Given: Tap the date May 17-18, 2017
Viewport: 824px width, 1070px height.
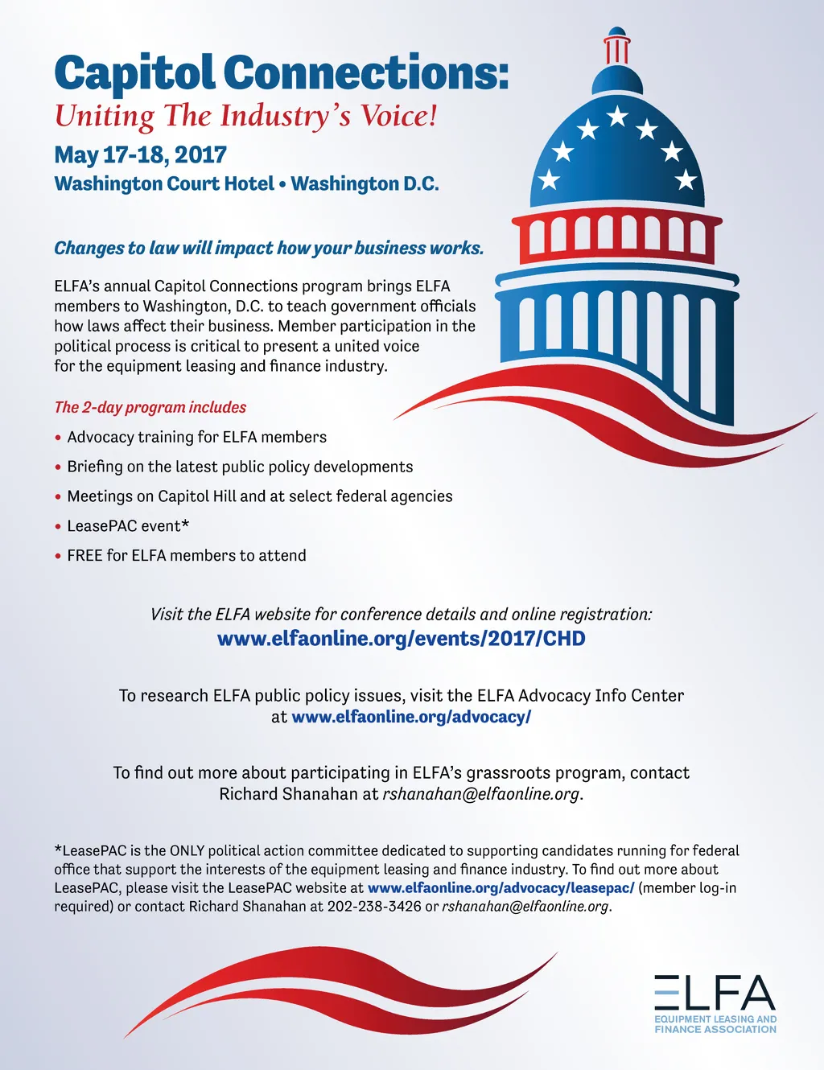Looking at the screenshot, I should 140,154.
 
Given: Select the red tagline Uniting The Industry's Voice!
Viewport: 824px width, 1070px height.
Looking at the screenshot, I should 245,116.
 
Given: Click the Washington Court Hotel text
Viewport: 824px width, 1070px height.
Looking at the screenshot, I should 164,183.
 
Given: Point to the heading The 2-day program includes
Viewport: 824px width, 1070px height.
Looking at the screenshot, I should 150,407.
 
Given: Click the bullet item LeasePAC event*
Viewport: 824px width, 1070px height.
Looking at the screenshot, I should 128,526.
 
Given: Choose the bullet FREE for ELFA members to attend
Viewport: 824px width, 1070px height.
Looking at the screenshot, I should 187,556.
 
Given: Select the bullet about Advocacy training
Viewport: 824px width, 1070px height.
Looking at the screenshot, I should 197,438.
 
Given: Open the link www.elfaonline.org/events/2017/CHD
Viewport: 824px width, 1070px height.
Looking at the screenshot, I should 401,639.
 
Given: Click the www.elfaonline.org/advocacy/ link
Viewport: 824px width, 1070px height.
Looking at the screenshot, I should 410,717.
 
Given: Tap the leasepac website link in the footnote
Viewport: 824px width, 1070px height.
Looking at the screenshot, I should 501,888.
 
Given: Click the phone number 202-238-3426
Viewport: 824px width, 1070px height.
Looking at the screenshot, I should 374,907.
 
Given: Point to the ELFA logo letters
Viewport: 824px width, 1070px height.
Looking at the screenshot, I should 715,993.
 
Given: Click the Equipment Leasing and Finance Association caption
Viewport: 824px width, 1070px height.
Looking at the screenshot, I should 715,1024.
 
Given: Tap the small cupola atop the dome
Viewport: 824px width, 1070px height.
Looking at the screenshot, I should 617,48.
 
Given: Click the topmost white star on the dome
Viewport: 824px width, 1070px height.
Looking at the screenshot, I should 617,116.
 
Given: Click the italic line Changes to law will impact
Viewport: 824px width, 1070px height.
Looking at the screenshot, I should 269,248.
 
